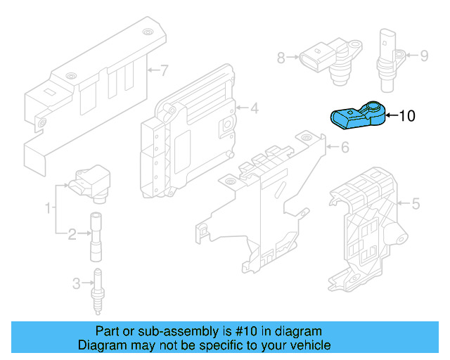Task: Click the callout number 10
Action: (408, 116)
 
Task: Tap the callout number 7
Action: (165, 70)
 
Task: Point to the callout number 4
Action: (254, 108)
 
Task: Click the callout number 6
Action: (345, 148)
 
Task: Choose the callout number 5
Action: (415, 205)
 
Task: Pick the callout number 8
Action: (281, 58)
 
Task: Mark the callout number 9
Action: (424, 56)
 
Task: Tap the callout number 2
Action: (72, 233)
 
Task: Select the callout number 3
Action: (76, 283)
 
